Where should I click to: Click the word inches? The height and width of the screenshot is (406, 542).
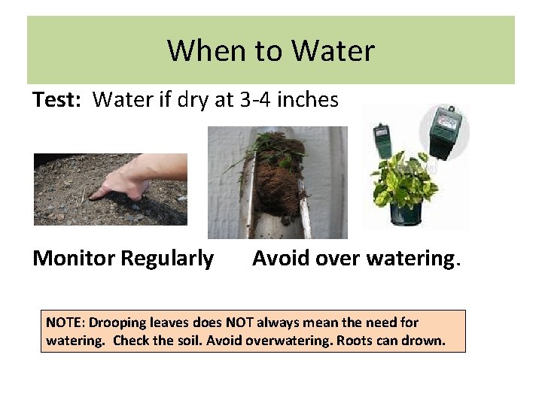pyautogui.click(x=310, y=99)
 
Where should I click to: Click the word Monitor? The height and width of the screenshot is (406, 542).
pyautogui.click(x=74, y=259)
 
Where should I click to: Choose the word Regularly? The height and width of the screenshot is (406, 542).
pyautogui.click(x=167, y=259)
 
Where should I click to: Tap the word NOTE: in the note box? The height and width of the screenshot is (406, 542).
pyautogui.click(x=65, y=323)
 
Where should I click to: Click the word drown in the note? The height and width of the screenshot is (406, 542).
pyautogui.click(x=425, y=341)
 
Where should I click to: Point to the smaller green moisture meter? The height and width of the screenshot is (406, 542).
pyautogui.click(x=382, y=140)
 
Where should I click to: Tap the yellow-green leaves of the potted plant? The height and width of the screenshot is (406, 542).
pyautogui.click(x=403, y=180)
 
